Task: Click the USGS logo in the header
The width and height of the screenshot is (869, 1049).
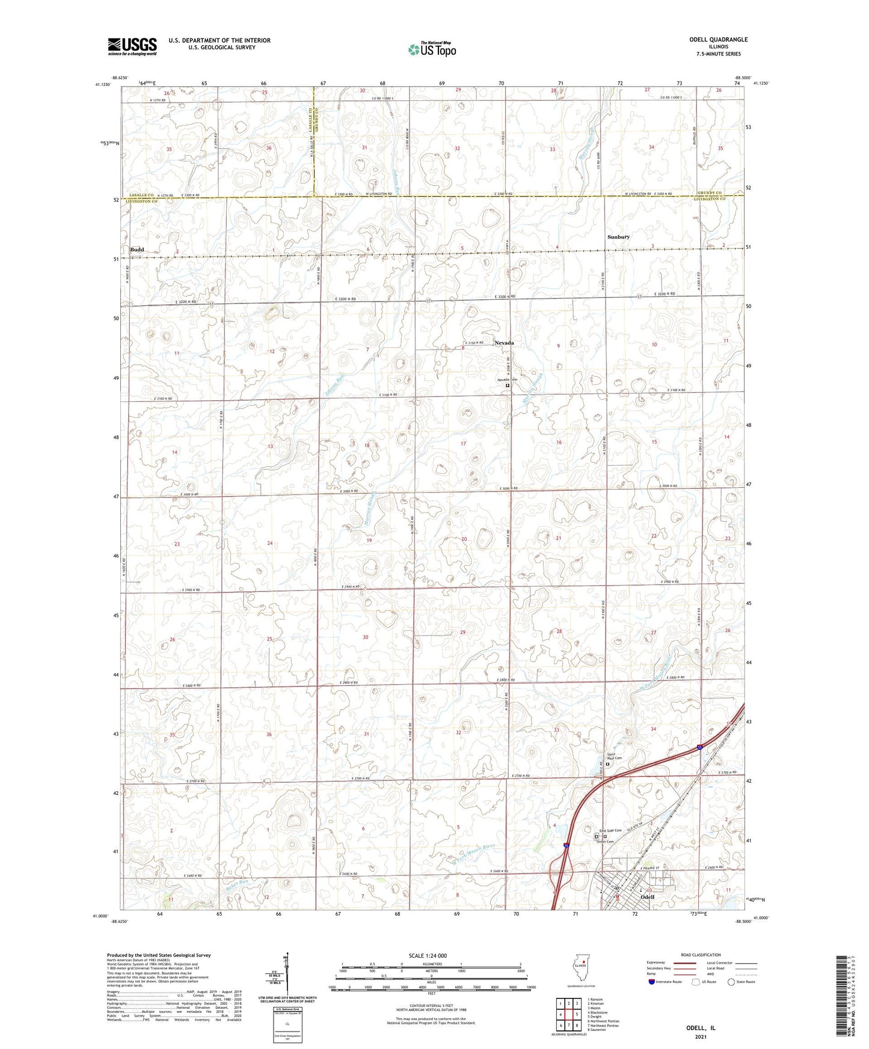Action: pos(132,46)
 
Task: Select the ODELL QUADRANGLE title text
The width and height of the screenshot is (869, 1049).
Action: pos(718,40)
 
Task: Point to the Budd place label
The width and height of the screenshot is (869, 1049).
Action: pos(137,249)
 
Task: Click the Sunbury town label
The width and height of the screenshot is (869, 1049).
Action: pos(618,237)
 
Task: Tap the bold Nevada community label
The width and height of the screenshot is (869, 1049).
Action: pos(504,343)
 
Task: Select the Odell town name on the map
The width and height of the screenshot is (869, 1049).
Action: pos(647,896)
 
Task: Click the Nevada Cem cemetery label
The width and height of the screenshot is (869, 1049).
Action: pos(507,380)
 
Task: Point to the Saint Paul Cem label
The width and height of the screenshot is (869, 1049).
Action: pos(614,756)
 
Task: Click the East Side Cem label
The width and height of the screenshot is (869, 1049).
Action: pos(610,830)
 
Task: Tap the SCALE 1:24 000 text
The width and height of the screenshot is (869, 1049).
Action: pos(428,956)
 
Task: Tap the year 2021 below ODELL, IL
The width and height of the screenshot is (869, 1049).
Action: pos(700,1037)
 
